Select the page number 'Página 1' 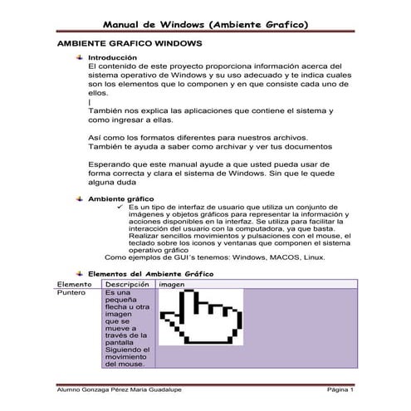point(340,389)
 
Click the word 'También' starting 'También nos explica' point(110,110)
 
